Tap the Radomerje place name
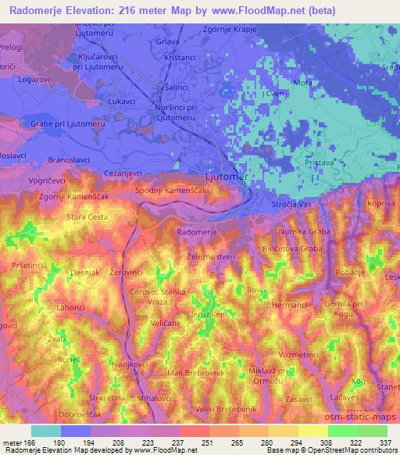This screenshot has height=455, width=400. pyautogui.click(x=198, y=232)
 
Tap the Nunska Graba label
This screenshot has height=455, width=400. pyautogui.click(x=308, y=232)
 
